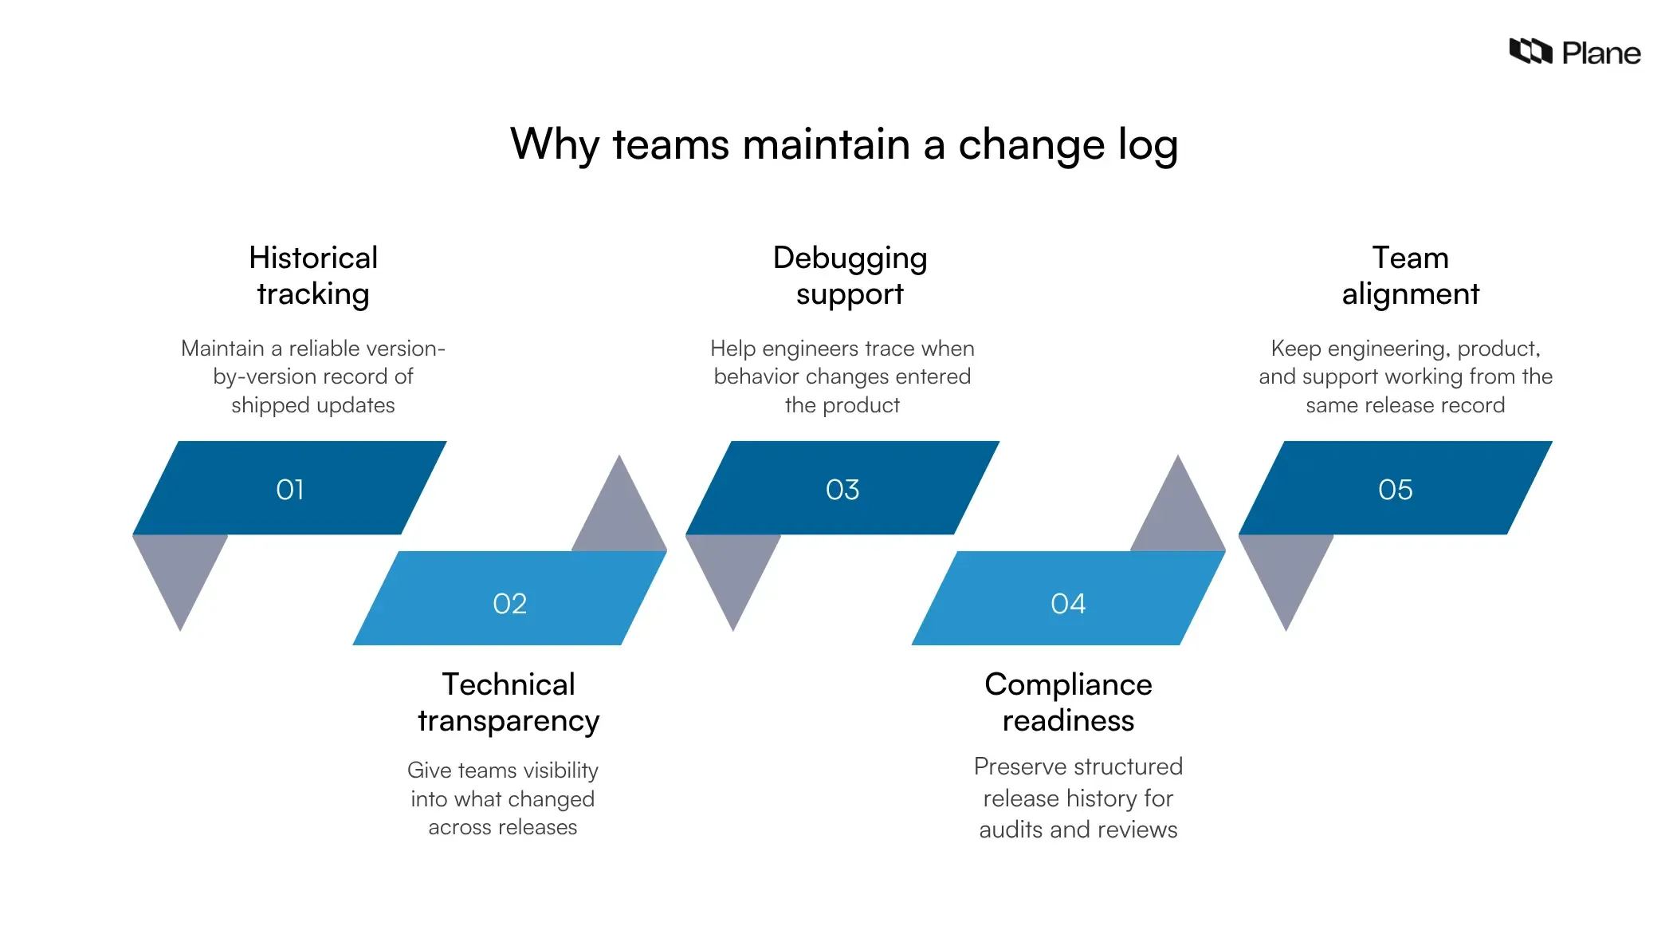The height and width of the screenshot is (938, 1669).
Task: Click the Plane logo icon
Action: point(1530,52)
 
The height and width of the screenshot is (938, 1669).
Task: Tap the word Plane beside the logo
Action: point(1600,53)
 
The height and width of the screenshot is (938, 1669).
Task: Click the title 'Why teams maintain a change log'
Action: point(844,144)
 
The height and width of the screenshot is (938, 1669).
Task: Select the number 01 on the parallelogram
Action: point(290,489)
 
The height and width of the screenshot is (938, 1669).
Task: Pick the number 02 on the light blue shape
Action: point(510,604)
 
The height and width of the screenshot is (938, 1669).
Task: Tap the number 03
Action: point(842,489)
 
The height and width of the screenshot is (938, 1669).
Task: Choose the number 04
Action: point(1068,604)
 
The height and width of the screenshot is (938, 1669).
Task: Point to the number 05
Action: point(1396,489)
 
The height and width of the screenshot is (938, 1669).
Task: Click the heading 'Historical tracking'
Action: point(313,275)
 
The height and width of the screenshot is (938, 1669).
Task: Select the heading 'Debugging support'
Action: point(850,275)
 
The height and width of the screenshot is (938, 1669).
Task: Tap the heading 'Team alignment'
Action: point(1410,275)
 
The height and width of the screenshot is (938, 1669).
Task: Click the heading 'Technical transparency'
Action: point(509,702)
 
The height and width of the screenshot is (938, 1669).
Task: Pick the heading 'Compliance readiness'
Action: point(1068,702)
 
